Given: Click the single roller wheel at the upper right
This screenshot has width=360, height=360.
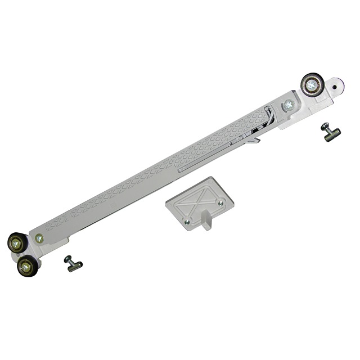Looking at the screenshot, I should point(311,85).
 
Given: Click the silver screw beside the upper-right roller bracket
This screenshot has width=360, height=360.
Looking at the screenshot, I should point(289,104).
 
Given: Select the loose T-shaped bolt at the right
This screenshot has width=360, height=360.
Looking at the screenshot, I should point(330,133).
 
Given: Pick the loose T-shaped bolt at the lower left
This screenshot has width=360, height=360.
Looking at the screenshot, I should point(73,263).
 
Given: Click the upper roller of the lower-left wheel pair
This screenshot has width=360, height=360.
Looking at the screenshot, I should point(17,243).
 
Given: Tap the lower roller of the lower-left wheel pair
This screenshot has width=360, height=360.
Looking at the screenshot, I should point(25,265).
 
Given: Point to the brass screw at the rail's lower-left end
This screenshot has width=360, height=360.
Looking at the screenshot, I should point(39,238).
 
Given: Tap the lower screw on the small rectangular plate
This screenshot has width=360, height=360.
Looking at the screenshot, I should point(187,222).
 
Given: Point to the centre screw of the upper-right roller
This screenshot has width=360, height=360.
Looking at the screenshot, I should point(311,85).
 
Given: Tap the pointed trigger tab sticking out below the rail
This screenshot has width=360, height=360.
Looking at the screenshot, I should point(254,140).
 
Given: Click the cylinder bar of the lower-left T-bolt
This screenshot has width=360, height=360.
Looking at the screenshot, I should point(75,265).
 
